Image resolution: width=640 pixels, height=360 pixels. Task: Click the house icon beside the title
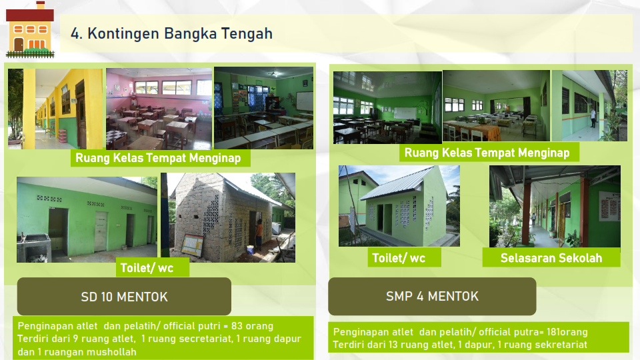[30, 30]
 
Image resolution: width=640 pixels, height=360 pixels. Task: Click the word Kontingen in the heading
[123, 34]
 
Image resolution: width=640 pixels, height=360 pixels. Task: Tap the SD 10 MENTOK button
[124, 296]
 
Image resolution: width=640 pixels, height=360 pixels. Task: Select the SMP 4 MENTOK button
[432, 296]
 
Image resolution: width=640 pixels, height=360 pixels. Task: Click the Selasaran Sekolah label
[551, 258]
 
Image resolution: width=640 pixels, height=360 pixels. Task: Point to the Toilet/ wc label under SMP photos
[399, 258]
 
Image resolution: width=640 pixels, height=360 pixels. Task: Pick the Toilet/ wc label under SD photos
[147, 268]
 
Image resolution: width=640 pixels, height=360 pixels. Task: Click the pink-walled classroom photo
[159, 109]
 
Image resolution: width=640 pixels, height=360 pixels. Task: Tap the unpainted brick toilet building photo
[228, 217]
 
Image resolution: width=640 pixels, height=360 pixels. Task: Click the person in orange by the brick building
[259, 235]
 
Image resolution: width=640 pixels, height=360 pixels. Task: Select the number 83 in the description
[237, 326]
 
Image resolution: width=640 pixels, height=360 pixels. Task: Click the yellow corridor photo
[56, 109]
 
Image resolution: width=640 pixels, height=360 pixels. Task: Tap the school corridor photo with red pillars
[555, 206]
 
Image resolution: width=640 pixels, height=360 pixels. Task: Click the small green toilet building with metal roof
[399, 206]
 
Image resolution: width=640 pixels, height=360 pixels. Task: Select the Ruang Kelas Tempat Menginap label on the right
[487, 153]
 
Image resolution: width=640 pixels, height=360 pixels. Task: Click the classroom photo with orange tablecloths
[496, 106]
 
